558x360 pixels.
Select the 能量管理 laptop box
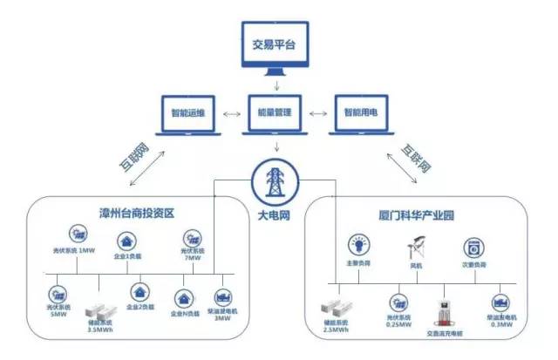click(276, 114)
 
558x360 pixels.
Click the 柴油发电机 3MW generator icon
click(222, 295)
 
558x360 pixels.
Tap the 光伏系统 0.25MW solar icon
click(399, 301)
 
